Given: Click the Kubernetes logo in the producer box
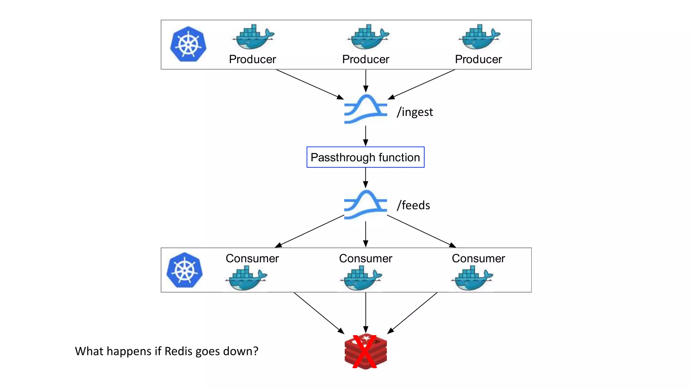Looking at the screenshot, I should pyautogui.click(x=188, y=44).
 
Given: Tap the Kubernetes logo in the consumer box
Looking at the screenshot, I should pyautogui.click(x=184, y=270).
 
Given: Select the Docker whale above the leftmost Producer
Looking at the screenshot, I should pyautogui.click(x=254, y=37).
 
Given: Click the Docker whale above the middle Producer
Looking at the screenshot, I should pyautogui.click(x=368, y=37).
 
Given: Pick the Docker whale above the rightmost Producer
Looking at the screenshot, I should pyautogui.click(x=479, y=37).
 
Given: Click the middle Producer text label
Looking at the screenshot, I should pyautogui.click(x=366, y=59).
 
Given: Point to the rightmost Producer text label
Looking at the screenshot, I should pyautogui.click(x=478, y=59).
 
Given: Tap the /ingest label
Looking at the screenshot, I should pyautogui.click(x=415, y=112).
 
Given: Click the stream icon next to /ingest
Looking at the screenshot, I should pyautogui.click(x=366, y=109).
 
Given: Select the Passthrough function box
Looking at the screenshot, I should pyautogui.click(x=365, y=157).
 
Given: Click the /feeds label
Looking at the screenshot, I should pyautogui.click(x=413, y=205).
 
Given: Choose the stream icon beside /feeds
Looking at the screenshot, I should pyautogui.click(x=366, y=205).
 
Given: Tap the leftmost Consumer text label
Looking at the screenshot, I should pyautogui.click(x=252, y=258).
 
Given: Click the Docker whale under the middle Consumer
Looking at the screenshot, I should pyautogui.click(x=361, y=278).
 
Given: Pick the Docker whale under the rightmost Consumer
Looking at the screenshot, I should pyautogui.click(x=472, y=278).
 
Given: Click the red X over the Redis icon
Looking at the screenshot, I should pyautogui.click(x=365, y=352).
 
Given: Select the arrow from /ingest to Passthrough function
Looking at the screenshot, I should pyautogui.click(x=366, y=136).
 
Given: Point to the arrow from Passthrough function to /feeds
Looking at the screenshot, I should pyautogui.click(x=366, y=178).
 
